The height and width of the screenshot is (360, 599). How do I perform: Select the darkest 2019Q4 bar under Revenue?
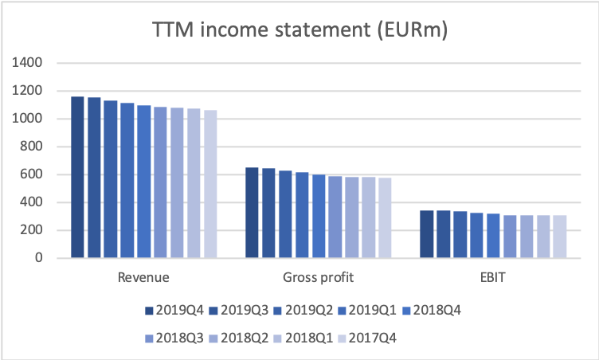tap(77, 177)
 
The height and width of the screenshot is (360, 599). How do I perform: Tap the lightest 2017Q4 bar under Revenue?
tap(210, 184)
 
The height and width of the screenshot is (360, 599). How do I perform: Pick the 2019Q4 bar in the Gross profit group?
tap(252, 213)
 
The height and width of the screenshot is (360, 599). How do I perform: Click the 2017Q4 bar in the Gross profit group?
tap(385, 218)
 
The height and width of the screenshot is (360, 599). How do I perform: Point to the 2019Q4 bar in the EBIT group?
tap(427, 234)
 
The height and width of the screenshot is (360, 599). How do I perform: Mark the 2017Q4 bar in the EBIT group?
tap(560, 237)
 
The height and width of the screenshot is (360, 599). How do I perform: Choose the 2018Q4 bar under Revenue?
tap(144, 182)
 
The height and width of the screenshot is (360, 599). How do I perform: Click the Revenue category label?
tap(143, 277)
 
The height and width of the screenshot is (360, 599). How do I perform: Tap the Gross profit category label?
tap(319, 277)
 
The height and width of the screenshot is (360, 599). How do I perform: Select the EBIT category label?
tap(493, 277)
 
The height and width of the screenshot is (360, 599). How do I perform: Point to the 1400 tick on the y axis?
tap(27, 62)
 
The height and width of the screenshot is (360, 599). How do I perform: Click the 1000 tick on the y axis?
tap(27, 119)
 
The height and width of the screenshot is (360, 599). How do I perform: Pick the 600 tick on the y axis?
tap(31, 174)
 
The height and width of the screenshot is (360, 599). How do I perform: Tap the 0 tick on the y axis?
tap(38, 258)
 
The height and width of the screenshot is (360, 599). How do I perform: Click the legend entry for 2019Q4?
tap(174, 311)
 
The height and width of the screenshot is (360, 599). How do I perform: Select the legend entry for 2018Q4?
tap(432, 311)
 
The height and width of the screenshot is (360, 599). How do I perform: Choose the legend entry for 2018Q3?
tap(174, 338)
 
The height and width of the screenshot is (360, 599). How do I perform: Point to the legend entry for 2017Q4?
tap(367, 338)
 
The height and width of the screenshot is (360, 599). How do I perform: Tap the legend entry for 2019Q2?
tap(303, 311)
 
